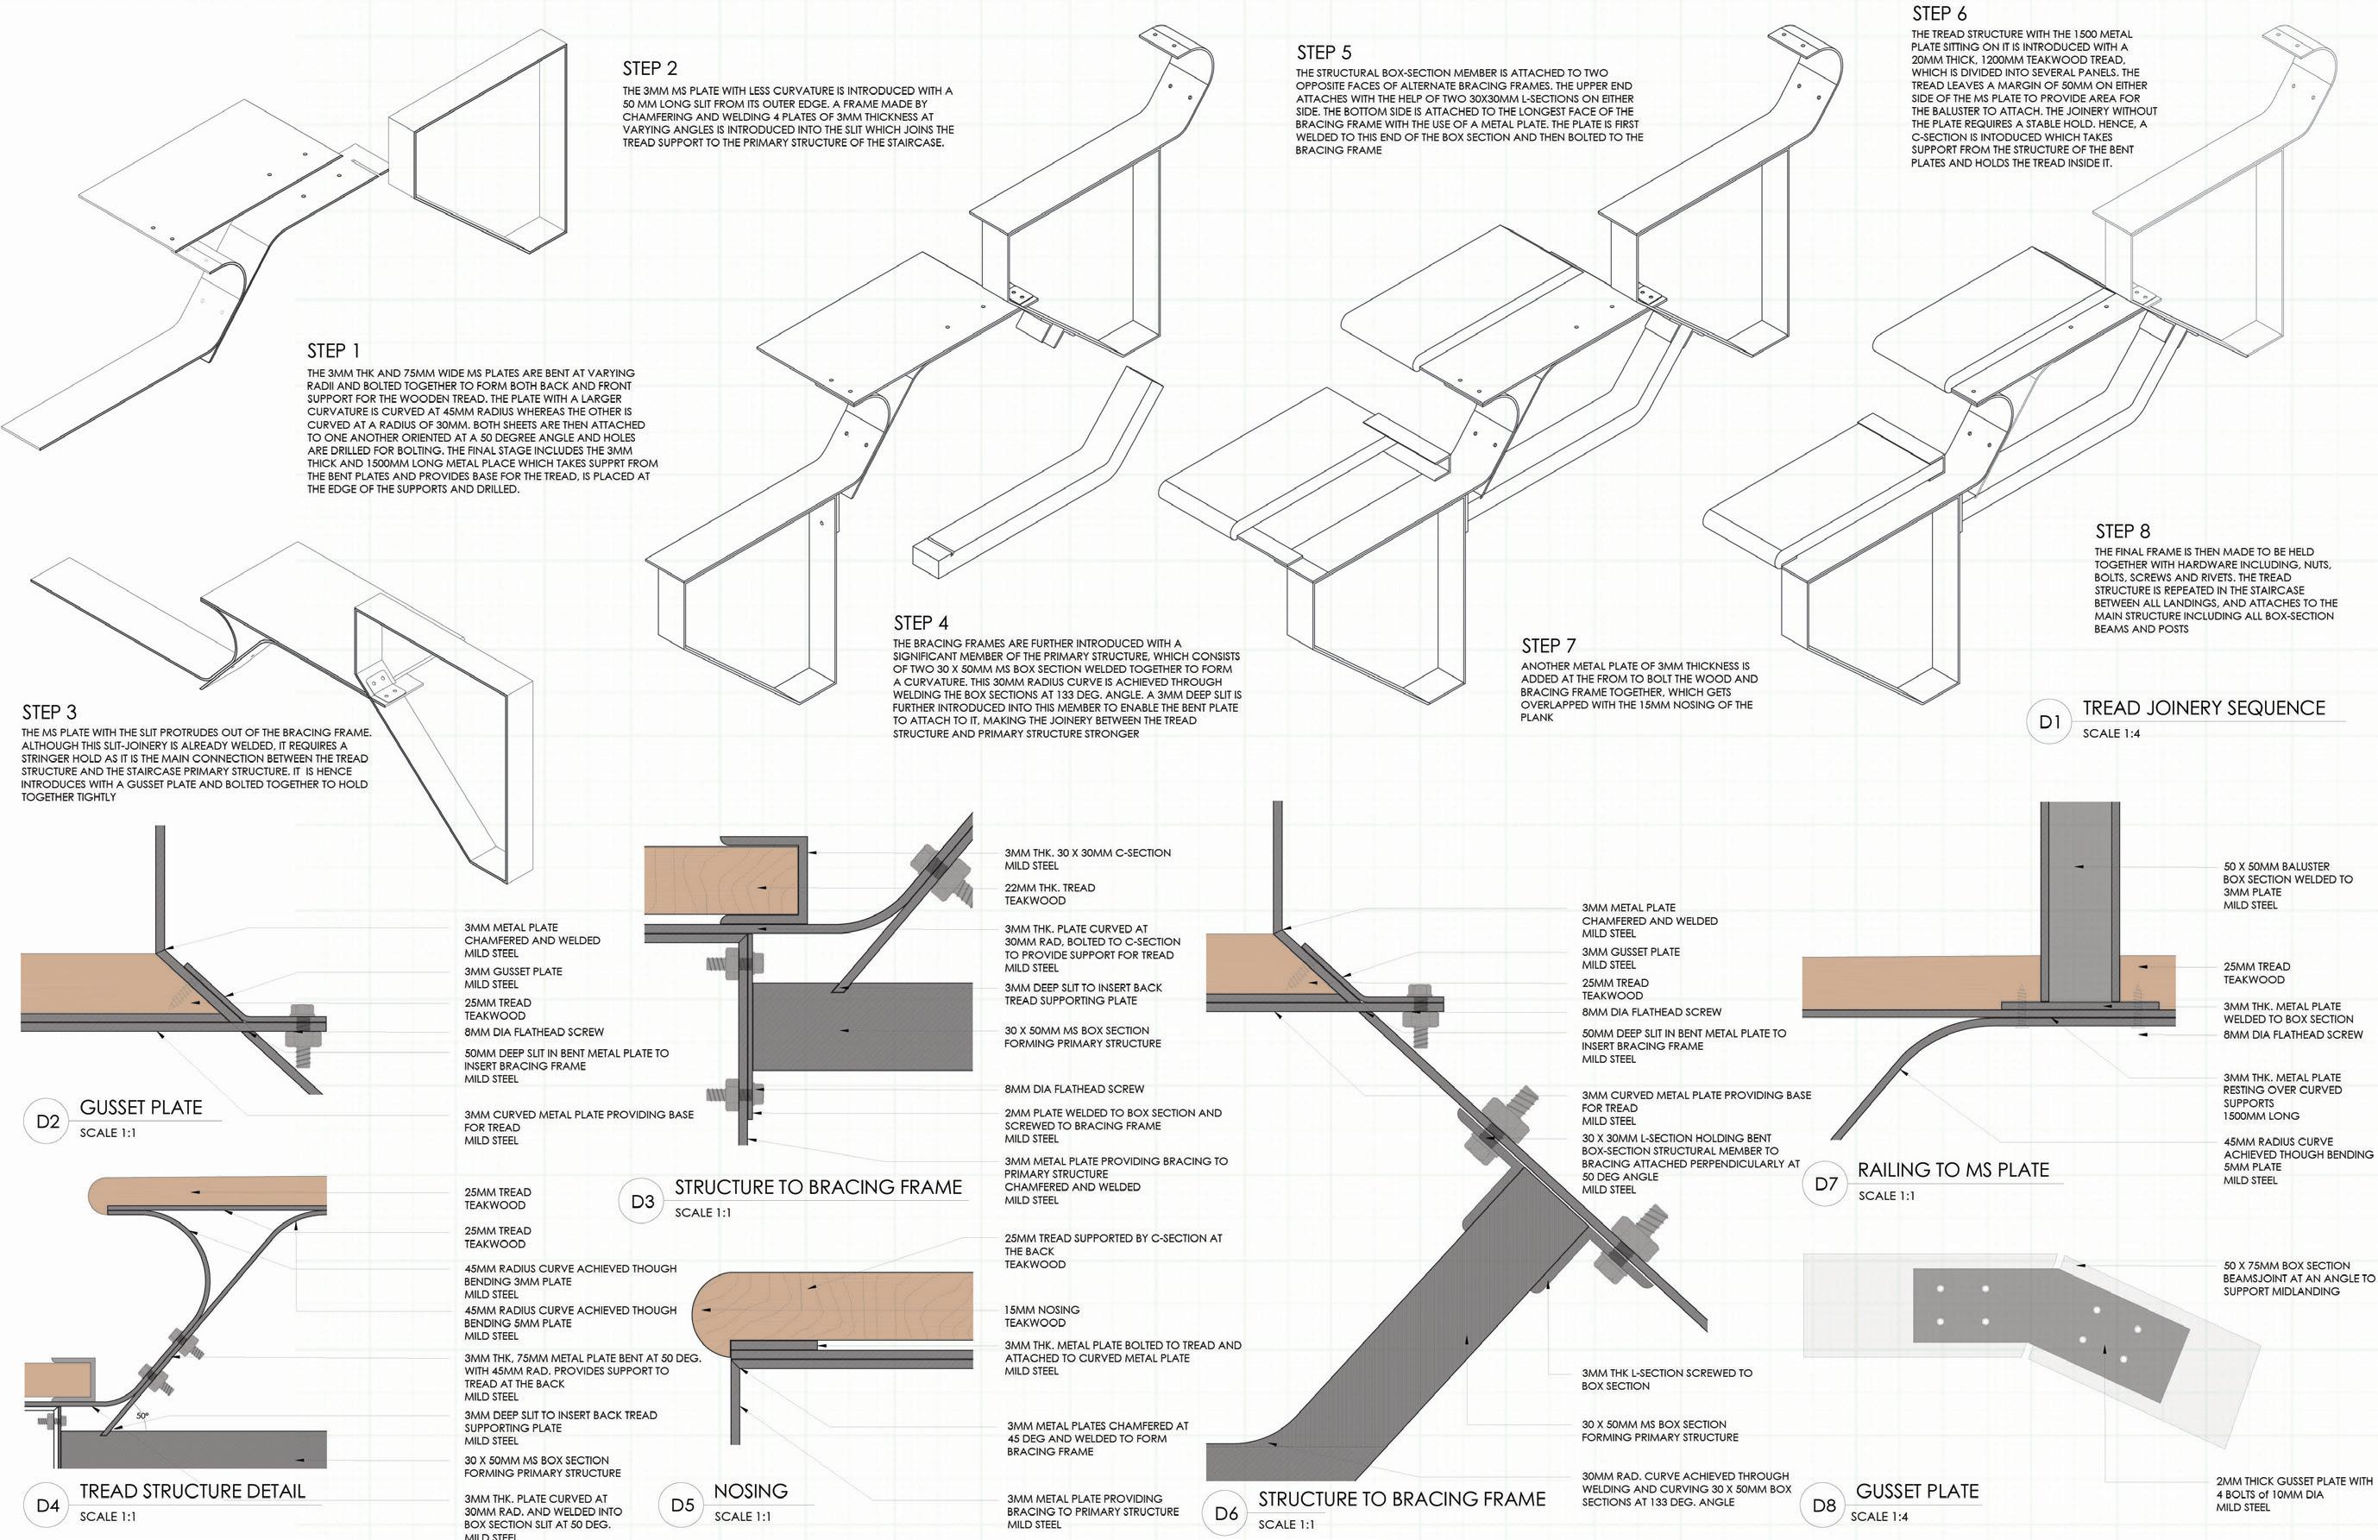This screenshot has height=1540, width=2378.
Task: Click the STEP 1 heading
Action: coord(333,351)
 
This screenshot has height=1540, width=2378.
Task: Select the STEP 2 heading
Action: coord(650,68)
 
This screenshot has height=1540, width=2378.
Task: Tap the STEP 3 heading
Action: coord(49,712)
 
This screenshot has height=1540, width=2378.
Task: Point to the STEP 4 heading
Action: coord(921,623)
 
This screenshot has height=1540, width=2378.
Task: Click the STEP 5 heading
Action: coord(1324,52)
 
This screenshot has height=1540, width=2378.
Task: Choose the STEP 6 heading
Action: coord(1940,13)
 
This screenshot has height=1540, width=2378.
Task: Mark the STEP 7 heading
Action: coord(1549,645)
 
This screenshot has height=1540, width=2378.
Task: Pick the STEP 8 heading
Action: coord(2123,531)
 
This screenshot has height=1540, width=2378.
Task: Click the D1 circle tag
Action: coord(2049,721)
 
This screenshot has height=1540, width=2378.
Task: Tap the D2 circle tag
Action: coord(47,1122)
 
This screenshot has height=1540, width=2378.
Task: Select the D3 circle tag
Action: coord(643,1200)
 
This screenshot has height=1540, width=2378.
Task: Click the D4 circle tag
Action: coord(47,1505)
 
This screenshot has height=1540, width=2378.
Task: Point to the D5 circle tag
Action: coord(683,1505)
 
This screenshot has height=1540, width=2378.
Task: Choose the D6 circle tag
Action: coord(1226,1513)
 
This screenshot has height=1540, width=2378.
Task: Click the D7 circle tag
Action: coord(1826,1185)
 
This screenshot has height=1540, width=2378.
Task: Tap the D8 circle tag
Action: coord(1823,1505)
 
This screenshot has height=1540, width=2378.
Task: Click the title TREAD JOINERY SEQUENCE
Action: coord(2203,707)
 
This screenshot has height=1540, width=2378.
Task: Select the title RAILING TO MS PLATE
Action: coord(1953,1169)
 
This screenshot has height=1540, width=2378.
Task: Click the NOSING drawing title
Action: coord(751,1490)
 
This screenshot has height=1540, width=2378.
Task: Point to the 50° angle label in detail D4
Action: coord(142,1416)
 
